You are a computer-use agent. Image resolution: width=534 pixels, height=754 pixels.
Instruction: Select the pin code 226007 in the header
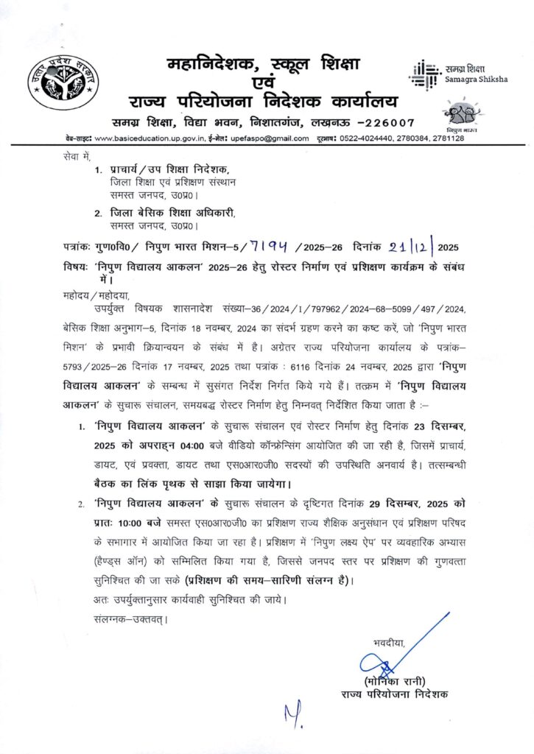click(389, 122)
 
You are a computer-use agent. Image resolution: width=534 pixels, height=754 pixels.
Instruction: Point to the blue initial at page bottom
click(292, 714)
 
